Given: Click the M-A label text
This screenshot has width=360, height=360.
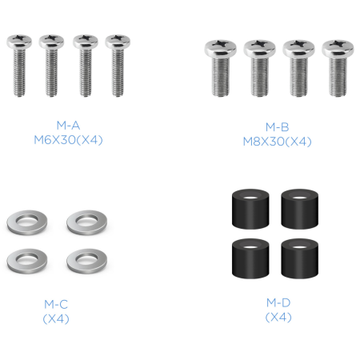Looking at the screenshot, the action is (68, 126).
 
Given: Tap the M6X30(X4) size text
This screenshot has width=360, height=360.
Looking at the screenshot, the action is (68, 140).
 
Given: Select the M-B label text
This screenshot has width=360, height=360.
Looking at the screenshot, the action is (278, 127).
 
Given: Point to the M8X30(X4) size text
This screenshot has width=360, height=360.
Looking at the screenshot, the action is (278, 142).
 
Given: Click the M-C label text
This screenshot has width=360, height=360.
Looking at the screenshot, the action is (56, 304).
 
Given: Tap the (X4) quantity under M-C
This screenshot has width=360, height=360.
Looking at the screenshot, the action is (56, 318).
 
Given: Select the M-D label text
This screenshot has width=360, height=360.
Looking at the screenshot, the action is (278, 302).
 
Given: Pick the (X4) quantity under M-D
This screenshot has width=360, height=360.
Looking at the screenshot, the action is (278, 317).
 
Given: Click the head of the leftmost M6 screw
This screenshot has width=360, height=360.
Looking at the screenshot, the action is (19, 42).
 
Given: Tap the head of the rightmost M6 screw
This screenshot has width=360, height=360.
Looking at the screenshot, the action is (118, 42).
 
